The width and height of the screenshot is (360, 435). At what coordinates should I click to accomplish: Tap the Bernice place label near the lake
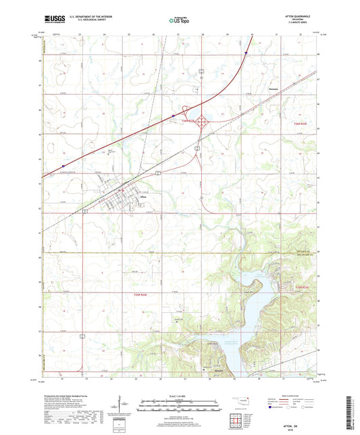coord(218,369)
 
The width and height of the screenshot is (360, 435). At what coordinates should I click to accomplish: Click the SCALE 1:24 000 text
coord(179,395)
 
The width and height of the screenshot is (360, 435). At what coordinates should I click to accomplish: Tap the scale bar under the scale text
coord(179,405)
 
